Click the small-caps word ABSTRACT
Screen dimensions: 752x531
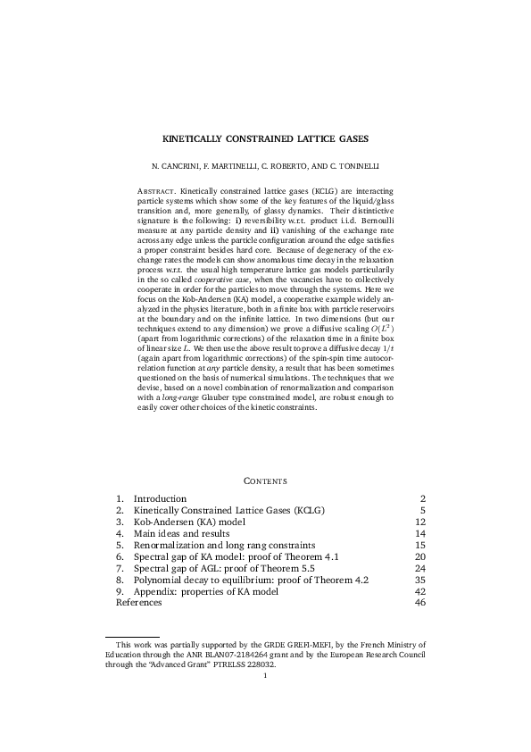click(x=156, y=190)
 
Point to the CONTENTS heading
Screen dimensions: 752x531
click(x=265, y=481)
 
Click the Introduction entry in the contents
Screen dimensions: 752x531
click(x=160, y=498)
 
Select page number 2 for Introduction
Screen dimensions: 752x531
click(x=423, y=498)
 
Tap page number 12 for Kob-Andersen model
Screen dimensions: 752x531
click(x=420, y=522)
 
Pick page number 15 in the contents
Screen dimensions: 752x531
click(x=420, y=545)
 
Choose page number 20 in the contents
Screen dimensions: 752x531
click(x=420, y=556)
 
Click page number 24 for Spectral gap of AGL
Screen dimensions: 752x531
click(x=420, y=568)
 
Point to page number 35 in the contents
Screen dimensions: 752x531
click(x=420, y=580)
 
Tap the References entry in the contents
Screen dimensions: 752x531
click(x=139, y=603)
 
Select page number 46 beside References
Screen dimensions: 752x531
click(x=420, y=603)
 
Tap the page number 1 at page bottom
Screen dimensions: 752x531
click(x=265, y=675)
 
